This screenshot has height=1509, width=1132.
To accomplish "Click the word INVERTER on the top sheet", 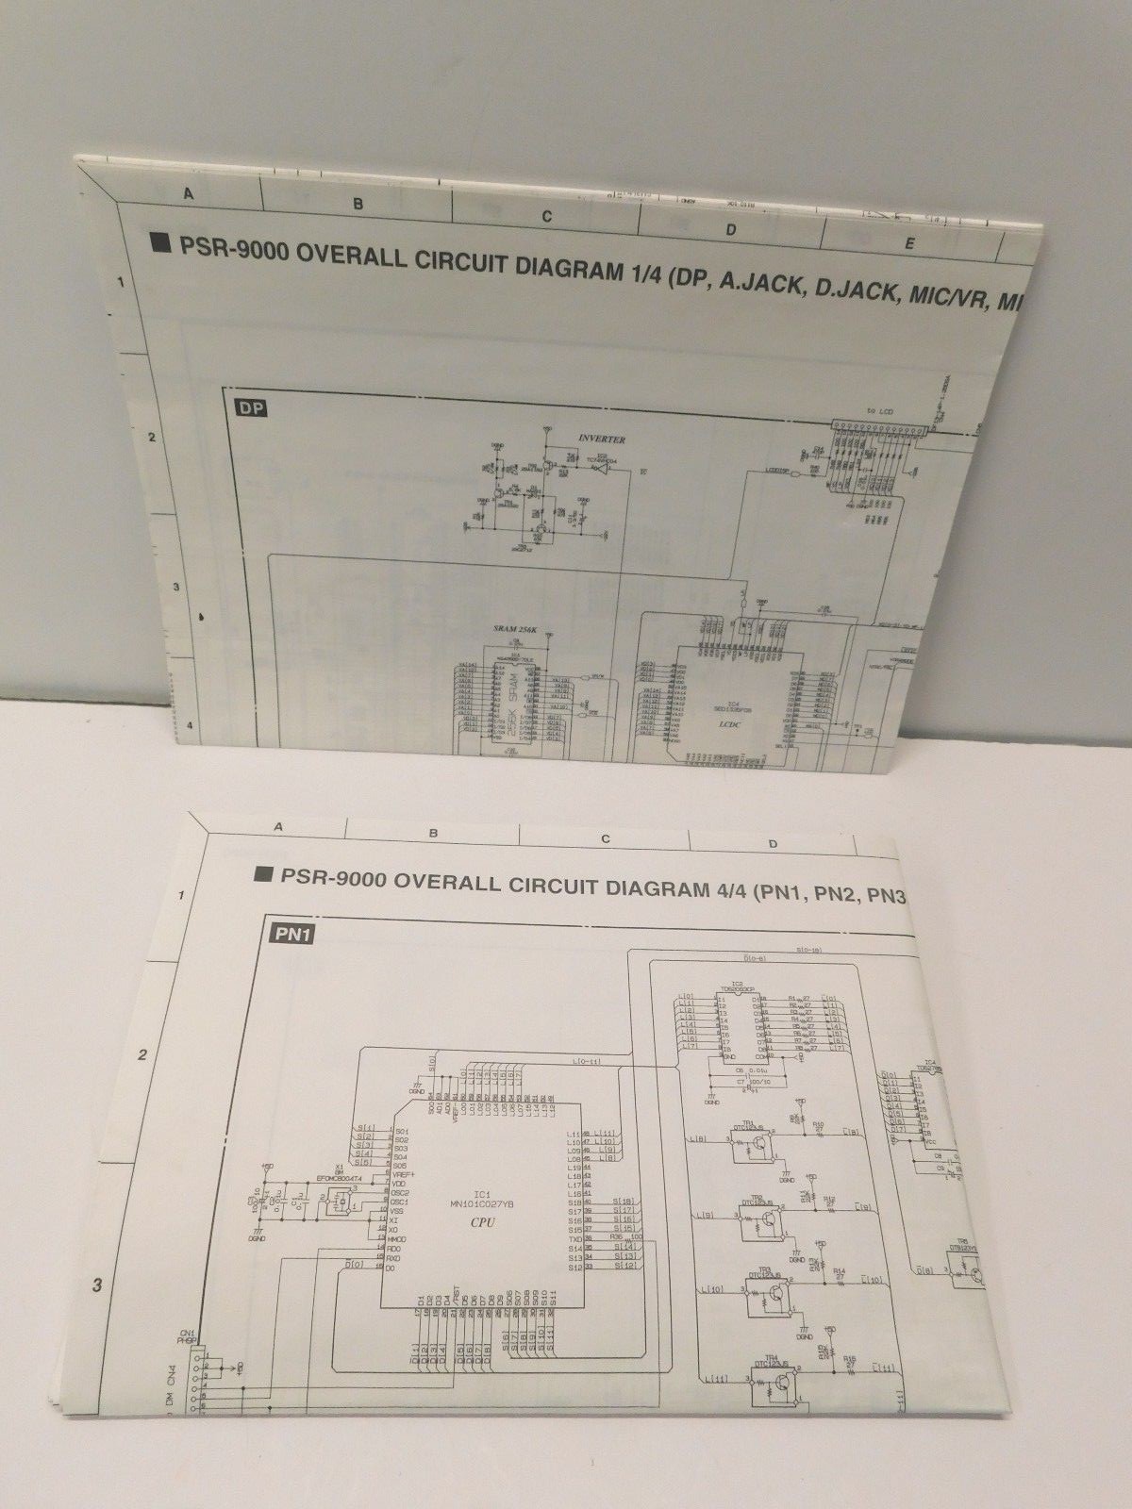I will [602, 439].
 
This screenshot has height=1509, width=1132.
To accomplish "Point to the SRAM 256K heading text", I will [514, 627].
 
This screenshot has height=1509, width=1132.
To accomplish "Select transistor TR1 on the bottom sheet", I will [757, 1145].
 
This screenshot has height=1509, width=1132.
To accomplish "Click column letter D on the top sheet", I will [730, 229].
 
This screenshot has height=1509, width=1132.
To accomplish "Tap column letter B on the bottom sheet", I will [433, 833].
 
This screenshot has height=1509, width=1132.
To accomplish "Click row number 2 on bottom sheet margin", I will [142, 1054].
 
